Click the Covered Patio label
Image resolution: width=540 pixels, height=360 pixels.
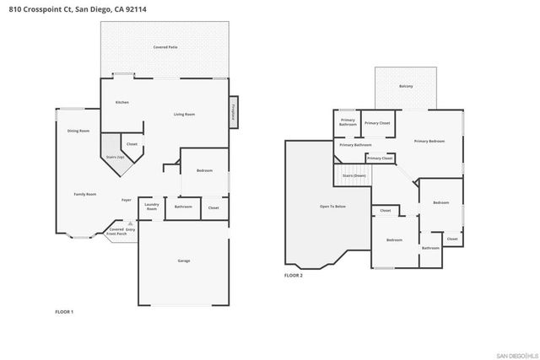pyautogui.click(x=165, y=48)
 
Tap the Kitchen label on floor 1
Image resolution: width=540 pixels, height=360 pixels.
pyautogui.click(x=122, y=102)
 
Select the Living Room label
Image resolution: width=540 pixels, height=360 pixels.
pyautogui.click(x=185, y=114)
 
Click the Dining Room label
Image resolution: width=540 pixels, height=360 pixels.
pyautogui.click(x=78, y=131)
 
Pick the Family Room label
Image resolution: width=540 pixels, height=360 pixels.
pyautogui.click(x=84, y=194)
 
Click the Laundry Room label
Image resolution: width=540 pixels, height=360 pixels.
pyautogui.click(x=152, y=206)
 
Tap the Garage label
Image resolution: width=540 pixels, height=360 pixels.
pyautogui.click(x=183, y=261)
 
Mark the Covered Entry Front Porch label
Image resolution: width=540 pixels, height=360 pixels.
pyautogui.click(x=123, y=230)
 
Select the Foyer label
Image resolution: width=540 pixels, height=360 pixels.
pyautogui.click(x=125, y=200)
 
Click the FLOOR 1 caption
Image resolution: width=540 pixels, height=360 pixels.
pyautogui.click(x=64, y=312)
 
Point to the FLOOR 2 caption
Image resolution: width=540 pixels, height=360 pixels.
pyautogui.click(x=293, y=275)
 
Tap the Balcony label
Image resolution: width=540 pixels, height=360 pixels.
pyautogui.click(x=405, y=87)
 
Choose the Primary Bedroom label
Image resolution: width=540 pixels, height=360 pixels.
pyautogui.click(x=429, y=141)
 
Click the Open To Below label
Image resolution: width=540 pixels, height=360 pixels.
pyautogui.click(x=332, y=206)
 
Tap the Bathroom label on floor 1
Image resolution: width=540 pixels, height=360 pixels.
pyautogui.click(x=183, y=207)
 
